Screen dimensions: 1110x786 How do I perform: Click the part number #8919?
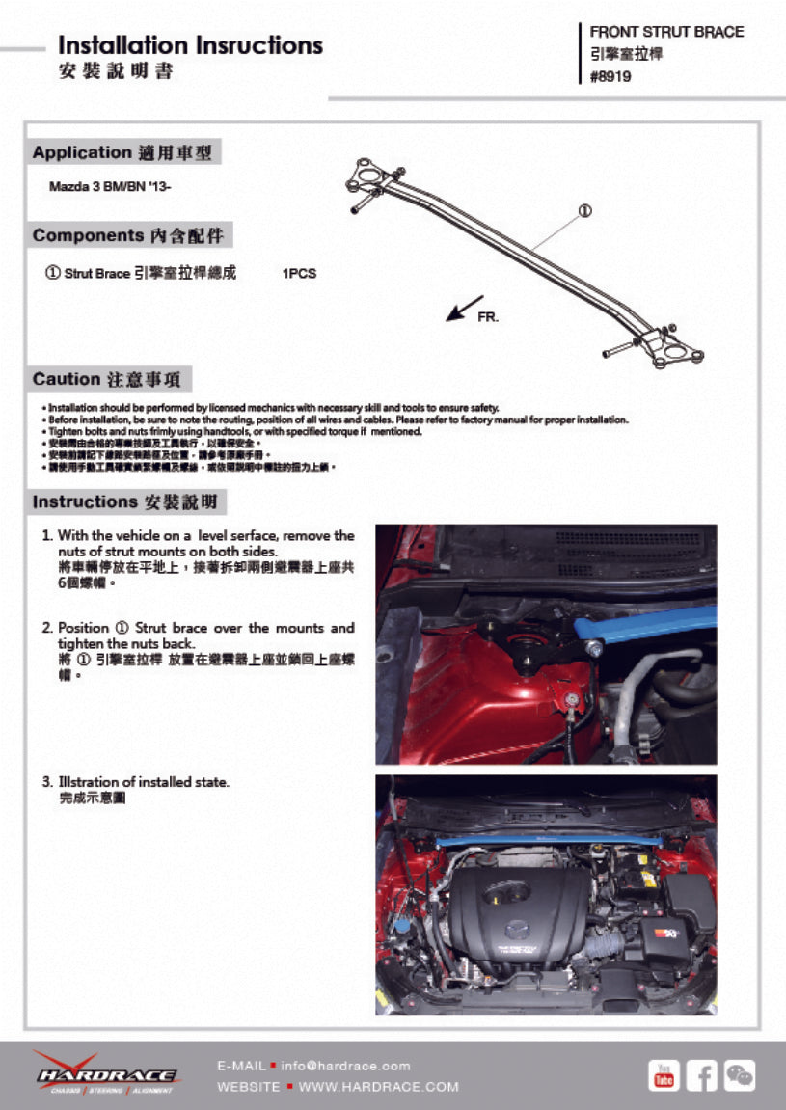(x=610, y=77)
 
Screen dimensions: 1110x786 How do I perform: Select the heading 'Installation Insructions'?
(x=190, y=45)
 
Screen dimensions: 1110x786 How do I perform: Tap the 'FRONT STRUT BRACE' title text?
(x=666, y=32)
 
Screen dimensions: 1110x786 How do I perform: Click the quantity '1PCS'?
(x=299, y=274)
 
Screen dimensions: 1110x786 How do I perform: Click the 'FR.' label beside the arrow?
(x=488, y=317)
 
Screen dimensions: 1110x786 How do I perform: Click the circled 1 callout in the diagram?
(x=584, y=211)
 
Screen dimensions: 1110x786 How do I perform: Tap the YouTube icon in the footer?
(x=664, y=1074)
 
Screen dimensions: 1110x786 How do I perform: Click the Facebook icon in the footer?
(x=702, y=1074)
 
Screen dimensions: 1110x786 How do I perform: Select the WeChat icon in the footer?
(x=740, y=1074)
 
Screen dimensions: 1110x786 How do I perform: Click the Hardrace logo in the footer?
(x=105, y=1073)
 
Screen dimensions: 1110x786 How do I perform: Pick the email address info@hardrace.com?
(x=345, y=1066)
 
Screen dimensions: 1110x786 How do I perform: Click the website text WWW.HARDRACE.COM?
(x=379, y=1087)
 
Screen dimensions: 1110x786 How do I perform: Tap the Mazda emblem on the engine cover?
(x=519, y=929)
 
